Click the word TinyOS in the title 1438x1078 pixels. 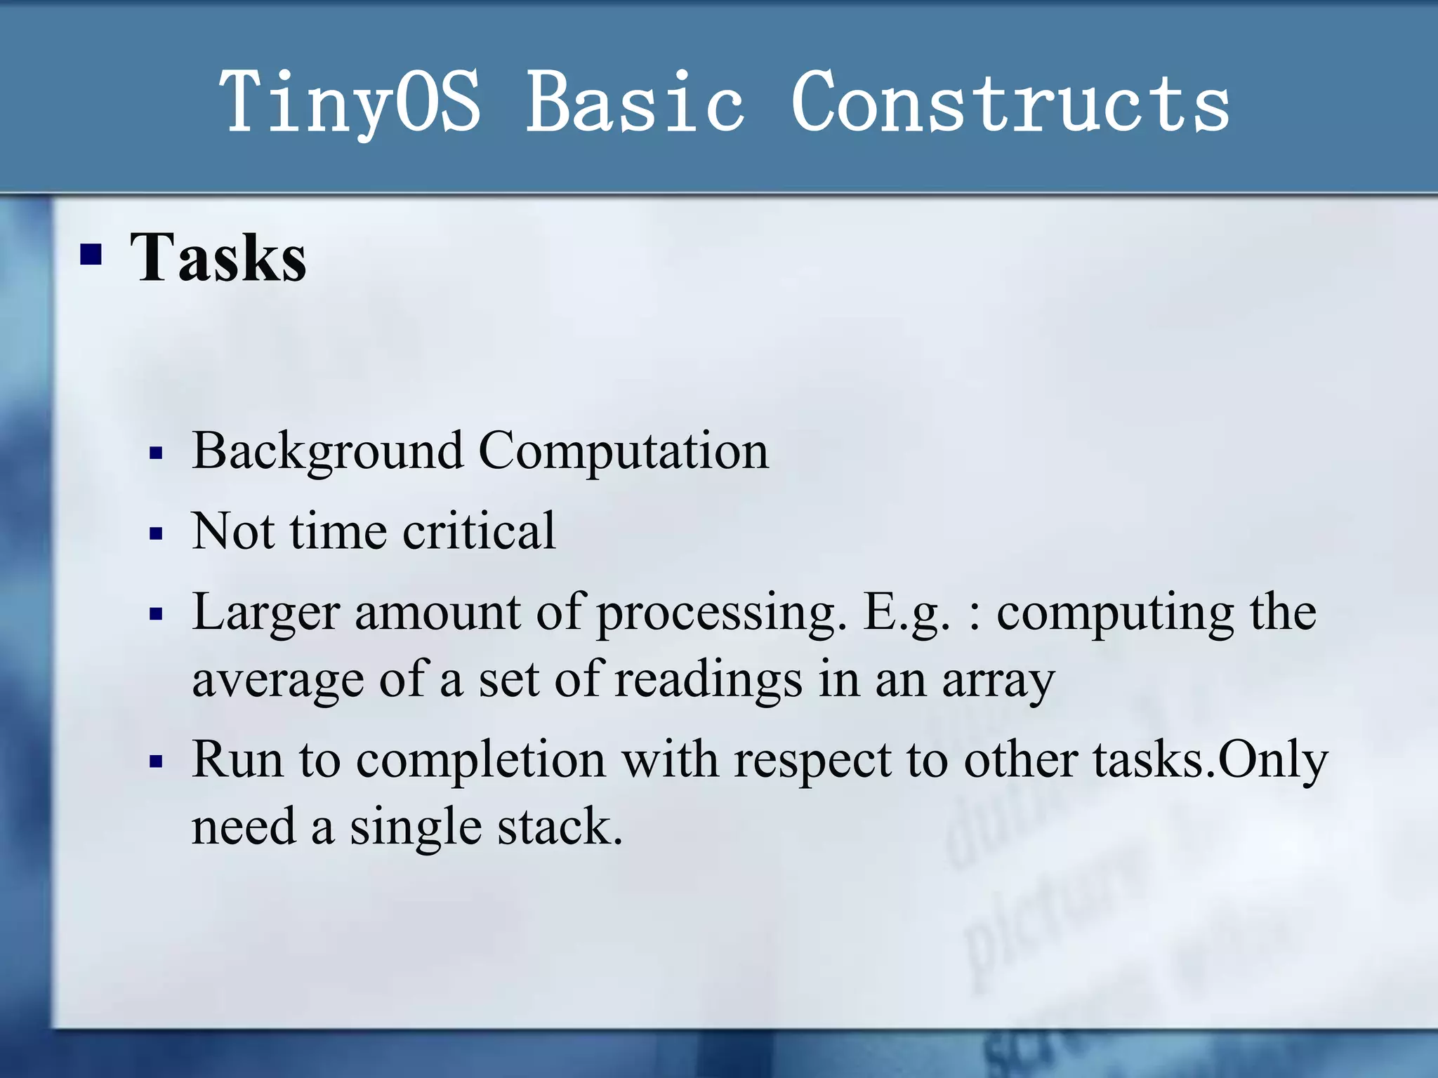pos(350,103)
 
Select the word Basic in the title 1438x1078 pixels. pos(635,102)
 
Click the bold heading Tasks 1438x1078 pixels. pos(218,258)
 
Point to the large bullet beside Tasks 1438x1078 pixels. pos(91,253)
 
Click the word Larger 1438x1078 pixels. pos(266,613)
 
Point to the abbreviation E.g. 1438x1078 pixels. pos(906,613)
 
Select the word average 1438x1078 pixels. pos(278,681)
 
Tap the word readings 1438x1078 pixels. pos(708,681)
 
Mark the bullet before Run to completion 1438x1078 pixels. pos(156,761)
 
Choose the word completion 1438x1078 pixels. pos(480,761)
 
